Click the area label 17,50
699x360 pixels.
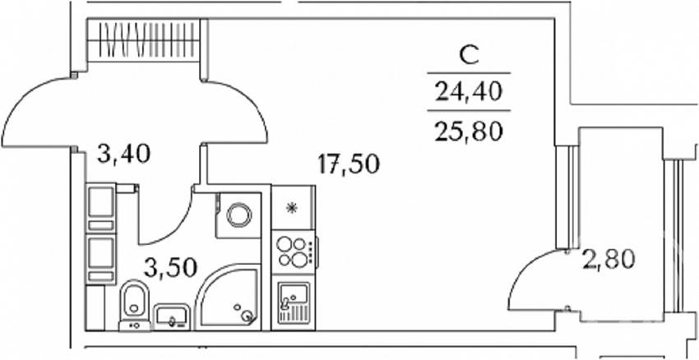pyautogui.click(x=349, y=164)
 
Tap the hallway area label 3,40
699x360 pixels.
pyautogui.click(x=124, y=154)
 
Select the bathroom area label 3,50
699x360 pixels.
pyautogui.click(x=170, y=267)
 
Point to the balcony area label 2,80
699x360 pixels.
pyautogui.click(x=608, y=259)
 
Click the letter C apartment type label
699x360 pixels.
pyautogui.click(x=469, y=57)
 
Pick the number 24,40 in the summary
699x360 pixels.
pyautogui.click(x=469, y=92)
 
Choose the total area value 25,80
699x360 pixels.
pyautogui.click(x=469, y=131)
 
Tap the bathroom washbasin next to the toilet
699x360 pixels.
pyautogui.click(x=172, y=317)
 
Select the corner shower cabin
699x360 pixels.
pyautogui.click(x=228, y=298)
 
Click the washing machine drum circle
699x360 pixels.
pyautogui.click(x=239, y=215)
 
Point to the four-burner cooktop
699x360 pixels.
pyautogui.click(x=294, y=252)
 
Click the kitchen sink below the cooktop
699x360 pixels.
pyautogui.click(x=294, y=302)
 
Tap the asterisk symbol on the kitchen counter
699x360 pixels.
pyautogui.click(x=292, y=208)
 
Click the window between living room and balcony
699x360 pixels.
pyautogui.click(x=567, y=197)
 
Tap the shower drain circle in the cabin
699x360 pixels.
pyautogui.click(x=247, y=316)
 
